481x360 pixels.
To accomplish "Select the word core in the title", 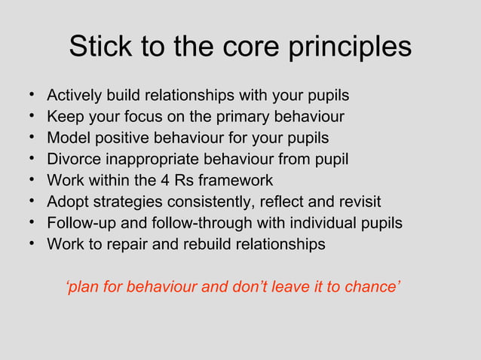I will [253, 47].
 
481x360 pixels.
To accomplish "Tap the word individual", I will [324, 224].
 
